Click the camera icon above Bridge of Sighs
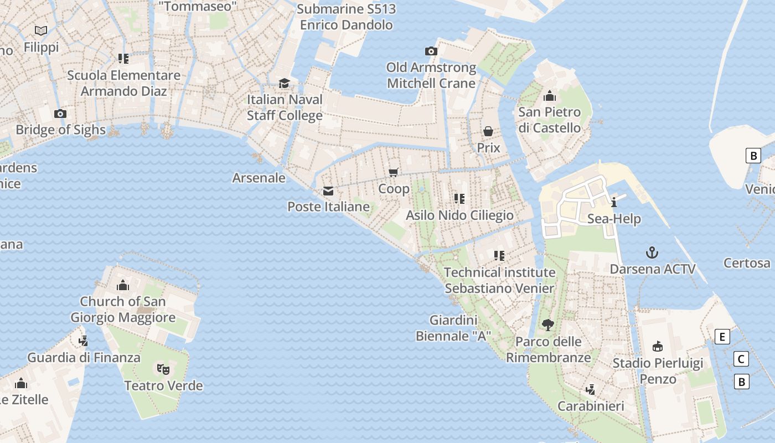[60, 114]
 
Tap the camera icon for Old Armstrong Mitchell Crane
[431, 51]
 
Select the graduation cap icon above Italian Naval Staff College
[284, 84]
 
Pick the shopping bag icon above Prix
[488, 131]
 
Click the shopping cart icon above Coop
[394, 173]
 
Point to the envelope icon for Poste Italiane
[328, 192]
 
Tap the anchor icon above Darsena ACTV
[652, 253]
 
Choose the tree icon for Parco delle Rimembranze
[548, 325]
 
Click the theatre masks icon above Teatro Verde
[163, 368]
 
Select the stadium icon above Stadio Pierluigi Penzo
[658, 347]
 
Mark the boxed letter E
[722, 337]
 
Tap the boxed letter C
[741, 359]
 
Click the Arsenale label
[259, 178]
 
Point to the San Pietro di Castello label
[549, 120]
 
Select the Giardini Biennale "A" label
[453, 328]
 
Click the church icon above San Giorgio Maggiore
[123, 286]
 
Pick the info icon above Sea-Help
[614, 203]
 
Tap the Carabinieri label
[591, 406]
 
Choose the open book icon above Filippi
[41, 30]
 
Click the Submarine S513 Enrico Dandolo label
[347, 17]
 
